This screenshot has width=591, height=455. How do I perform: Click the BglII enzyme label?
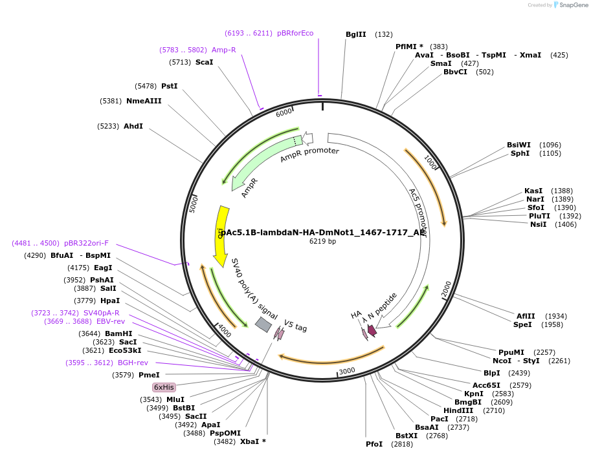click(x=355, y=34)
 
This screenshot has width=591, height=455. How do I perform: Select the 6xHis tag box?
click(x=164, y=387)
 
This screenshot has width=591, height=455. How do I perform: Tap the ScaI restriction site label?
click(x=204, y=62)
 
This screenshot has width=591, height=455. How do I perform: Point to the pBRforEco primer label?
click(x=295, y=33)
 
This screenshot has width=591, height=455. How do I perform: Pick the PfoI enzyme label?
click(x=374, y=444)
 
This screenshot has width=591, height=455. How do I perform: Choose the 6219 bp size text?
click(x=322, y=242)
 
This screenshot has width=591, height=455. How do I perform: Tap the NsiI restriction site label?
click(x=538, y=224)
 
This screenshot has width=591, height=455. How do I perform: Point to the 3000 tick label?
click(x=347, y=370)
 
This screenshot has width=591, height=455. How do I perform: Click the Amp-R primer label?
click(x=224, y=50)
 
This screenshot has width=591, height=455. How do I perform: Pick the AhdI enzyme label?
click(x=133, y=126)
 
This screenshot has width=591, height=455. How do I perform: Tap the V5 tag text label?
click(x=295, y=326)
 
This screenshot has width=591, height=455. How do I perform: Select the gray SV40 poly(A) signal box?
click(x=263, y=324)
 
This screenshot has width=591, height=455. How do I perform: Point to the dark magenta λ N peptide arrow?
click(x=372, y=330)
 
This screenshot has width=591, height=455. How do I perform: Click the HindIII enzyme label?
click(x=458, y=410)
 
